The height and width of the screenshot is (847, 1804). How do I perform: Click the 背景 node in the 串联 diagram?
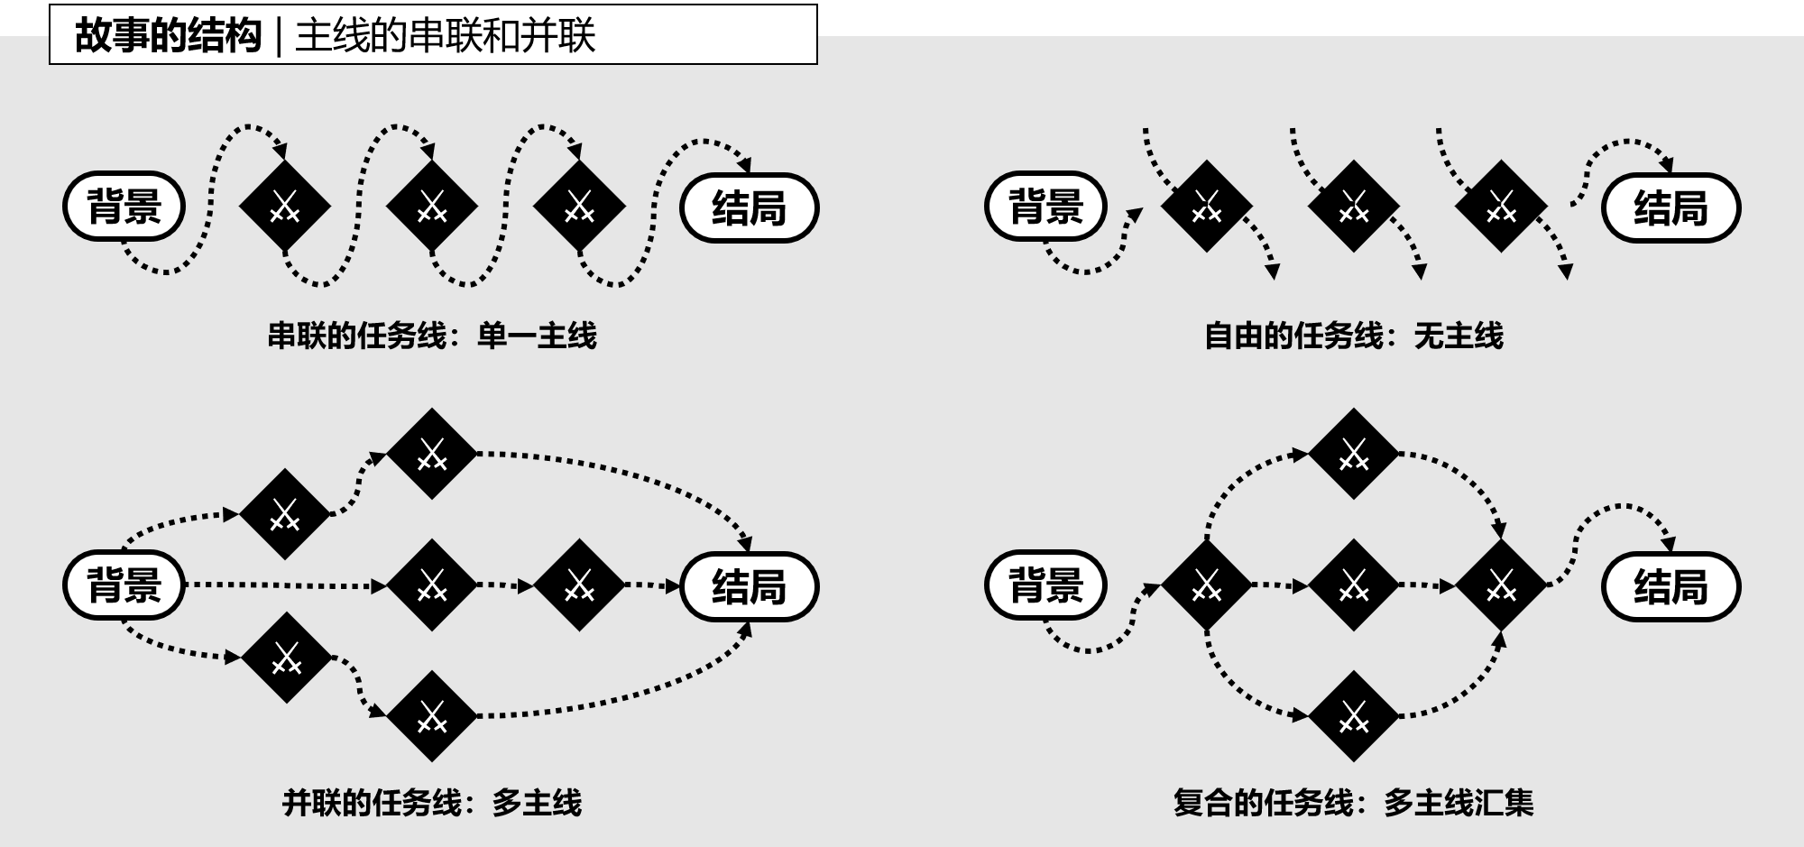124,207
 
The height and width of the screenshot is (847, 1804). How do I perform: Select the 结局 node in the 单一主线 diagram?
749,208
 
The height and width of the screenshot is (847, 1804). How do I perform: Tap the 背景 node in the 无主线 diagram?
1045,207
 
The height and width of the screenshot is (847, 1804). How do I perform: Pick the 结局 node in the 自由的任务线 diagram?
1671,208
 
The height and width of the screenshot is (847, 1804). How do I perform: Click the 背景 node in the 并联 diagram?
124,585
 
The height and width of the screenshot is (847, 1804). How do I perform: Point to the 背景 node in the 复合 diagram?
1045,585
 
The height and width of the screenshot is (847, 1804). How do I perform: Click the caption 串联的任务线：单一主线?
432,336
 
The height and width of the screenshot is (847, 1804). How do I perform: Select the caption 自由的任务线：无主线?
1354,336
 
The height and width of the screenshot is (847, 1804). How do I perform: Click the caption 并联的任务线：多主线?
432,803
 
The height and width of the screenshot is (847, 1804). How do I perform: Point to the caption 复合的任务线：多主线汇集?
1353,803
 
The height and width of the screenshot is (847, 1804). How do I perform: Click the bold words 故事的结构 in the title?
168,36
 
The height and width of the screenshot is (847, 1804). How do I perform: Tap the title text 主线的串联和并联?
445,36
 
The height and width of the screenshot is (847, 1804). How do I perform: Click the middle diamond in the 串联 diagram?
432,207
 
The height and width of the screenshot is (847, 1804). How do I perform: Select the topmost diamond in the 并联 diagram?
432,454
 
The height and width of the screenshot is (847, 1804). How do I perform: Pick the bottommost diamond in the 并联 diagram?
432,716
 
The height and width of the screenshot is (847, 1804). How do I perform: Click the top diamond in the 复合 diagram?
1353,454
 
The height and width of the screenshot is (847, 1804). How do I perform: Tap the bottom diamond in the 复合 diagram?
1353,716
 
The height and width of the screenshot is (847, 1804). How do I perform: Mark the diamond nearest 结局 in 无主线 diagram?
1500,207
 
